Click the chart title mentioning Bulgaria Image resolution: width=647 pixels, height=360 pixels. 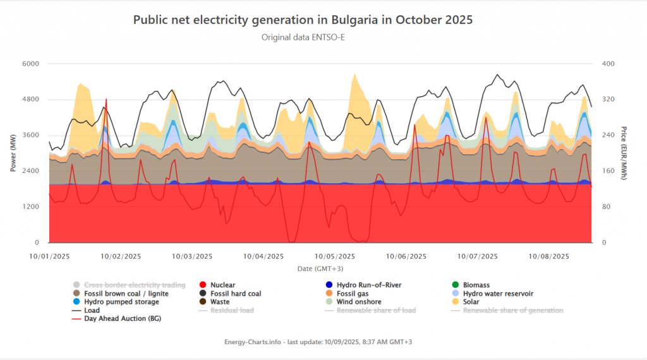[303, 20]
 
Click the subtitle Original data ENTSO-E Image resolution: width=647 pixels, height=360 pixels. [303, 37]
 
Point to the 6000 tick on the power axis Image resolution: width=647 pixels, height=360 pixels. [30, 64]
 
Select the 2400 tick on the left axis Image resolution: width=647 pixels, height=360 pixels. [30, 171]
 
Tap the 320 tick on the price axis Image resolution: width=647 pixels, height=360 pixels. [608, 99]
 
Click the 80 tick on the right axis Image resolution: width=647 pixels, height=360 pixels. [606, 207]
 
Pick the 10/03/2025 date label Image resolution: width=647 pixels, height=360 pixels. [192, 256]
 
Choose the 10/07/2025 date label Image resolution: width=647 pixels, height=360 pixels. [478, 256]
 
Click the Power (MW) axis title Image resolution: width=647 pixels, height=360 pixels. [13, 153]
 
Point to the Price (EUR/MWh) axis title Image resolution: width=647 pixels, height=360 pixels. [624, 153]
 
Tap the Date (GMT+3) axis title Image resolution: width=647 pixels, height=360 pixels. [320, 269]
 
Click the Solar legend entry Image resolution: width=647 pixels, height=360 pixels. [466, 302]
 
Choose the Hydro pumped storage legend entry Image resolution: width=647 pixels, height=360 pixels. [116, 302]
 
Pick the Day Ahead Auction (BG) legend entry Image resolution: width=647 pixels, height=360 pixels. [117, 319]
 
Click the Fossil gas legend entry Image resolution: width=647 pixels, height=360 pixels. [347, 294]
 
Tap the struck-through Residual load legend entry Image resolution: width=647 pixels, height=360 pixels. [226, 311]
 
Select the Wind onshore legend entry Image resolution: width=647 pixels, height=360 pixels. [353, 302]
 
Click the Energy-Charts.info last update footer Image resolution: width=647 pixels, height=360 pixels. [318, 342]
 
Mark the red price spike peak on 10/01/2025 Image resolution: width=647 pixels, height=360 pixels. [106, 99]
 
